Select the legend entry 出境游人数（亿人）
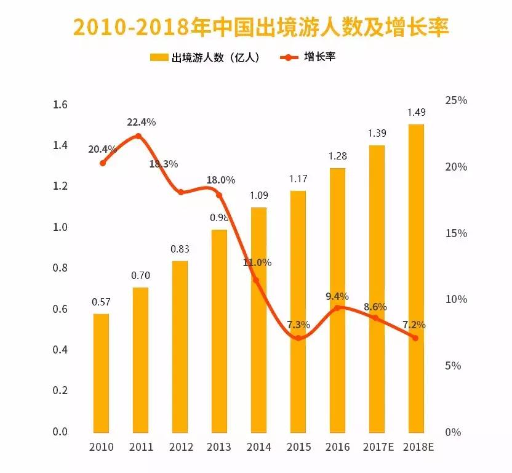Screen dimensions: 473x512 click(x=204, y=58)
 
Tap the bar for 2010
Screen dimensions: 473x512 click(x=101, y=373)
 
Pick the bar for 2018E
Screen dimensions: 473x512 click(x=416, y=278)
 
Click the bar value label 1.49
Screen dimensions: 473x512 click(x=416, y=112)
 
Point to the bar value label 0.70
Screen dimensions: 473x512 click(x=140, y=275)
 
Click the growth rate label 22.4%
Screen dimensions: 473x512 click(x=141, y=122)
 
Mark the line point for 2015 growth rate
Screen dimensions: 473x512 click(x=298, y=338)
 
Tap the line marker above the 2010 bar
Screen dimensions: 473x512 click(x=102, y=163)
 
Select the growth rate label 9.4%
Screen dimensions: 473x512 click(x=337, y=296)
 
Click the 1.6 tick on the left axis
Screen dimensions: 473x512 click(x=60, y=105)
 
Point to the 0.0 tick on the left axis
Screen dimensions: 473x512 click(x=60, y=432)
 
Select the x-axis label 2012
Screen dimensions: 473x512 click(x=180, y=447)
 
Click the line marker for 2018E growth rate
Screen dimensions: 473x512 click(x=415, y=338)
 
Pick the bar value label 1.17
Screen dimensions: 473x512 click(x=298, y=179)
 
